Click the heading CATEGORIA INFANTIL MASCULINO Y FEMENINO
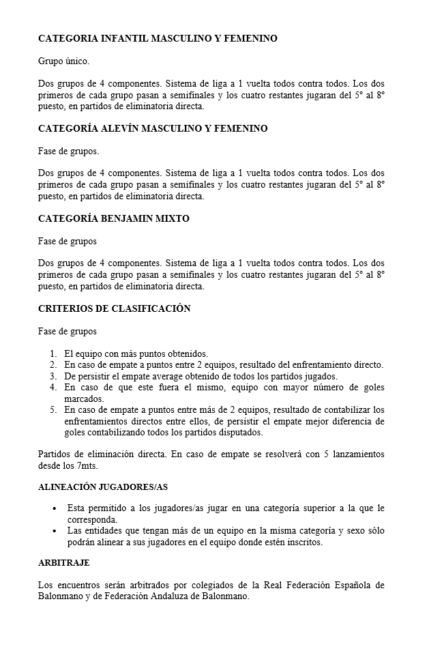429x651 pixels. click(158, 39)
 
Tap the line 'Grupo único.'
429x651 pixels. click(63, 61)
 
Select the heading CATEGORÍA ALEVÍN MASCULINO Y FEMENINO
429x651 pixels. click(153, 128)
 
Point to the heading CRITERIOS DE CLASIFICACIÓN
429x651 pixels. click(114, 308)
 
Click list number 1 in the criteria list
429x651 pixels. click(53, 353)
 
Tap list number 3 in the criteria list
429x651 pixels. click(53, 376)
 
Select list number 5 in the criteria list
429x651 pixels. click(53, 410)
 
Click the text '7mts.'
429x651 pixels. click(87, 465)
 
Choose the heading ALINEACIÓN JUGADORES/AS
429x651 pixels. click(102, 487)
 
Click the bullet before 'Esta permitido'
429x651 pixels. click(55, 508)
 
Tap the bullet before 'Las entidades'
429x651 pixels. click(55, 530)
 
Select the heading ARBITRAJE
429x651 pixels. click(63, 563)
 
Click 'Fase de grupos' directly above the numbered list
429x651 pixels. click(68, 331)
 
